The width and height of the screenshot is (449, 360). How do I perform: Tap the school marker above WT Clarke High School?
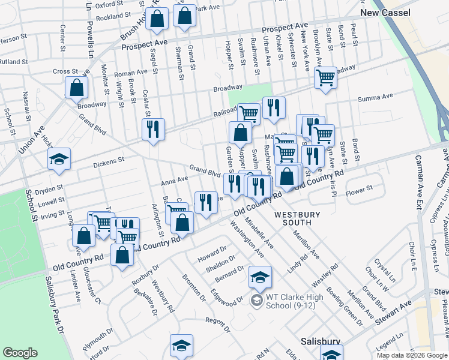[261, 277]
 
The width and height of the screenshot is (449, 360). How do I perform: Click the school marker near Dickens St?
[59, 160]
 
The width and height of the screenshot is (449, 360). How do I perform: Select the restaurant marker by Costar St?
[153, 130]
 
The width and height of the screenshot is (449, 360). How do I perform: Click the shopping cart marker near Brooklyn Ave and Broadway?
[325, 78]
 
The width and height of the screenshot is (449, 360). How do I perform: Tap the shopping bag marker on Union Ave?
[77, 89]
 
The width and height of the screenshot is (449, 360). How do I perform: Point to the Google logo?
[20, 353]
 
